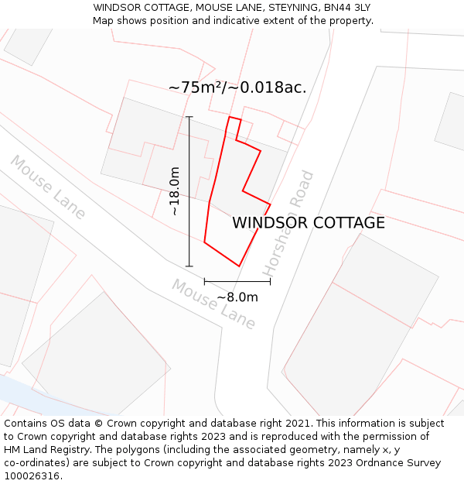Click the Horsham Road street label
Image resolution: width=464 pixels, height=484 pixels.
[x=288, y=223]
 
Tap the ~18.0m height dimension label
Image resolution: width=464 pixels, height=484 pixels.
[x=176, y=191]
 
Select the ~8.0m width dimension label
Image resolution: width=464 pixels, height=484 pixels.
[x=237, y=297]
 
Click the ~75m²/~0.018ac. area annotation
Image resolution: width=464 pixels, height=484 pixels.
[x=237, y=88]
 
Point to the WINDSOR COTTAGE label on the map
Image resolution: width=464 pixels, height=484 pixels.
[x=309, y=223]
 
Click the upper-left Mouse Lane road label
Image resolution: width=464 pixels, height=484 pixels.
[x=47, y=187]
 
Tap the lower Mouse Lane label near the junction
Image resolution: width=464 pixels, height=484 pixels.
[x=213, y=304]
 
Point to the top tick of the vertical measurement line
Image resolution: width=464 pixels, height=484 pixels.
[x=189, y=117]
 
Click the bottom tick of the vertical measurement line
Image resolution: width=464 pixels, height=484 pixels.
[x=189, y=266]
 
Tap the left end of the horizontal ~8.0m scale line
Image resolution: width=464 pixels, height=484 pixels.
[x=204, y=282]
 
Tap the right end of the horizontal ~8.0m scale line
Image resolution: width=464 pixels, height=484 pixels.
[x=270, y=282]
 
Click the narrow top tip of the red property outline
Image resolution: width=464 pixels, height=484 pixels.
[x=234, y=119]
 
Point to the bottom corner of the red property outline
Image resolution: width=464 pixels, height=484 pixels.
[x=239, y=266]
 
